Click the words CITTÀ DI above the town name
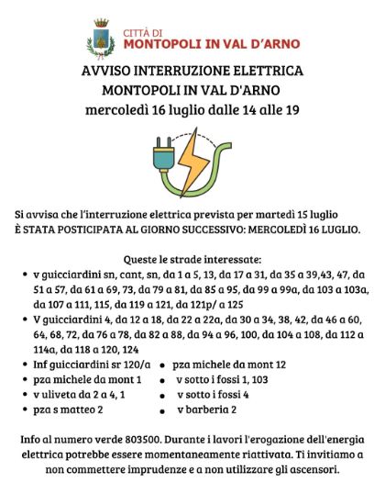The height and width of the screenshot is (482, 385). coord(144,28)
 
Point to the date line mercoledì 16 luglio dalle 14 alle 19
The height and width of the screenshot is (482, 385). coord(192,112)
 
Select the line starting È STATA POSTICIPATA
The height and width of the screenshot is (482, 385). coord(192,228)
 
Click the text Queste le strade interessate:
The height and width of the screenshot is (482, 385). coord(192,260)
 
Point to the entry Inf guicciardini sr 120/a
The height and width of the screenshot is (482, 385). coord(87,364)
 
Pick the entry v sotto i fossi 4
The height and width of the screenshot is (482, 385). coord(212,394)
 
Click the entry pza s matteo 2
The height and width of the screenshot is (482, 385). coord(70,409)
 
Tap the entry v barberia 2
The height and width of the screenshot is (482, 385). coord(206,409)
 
